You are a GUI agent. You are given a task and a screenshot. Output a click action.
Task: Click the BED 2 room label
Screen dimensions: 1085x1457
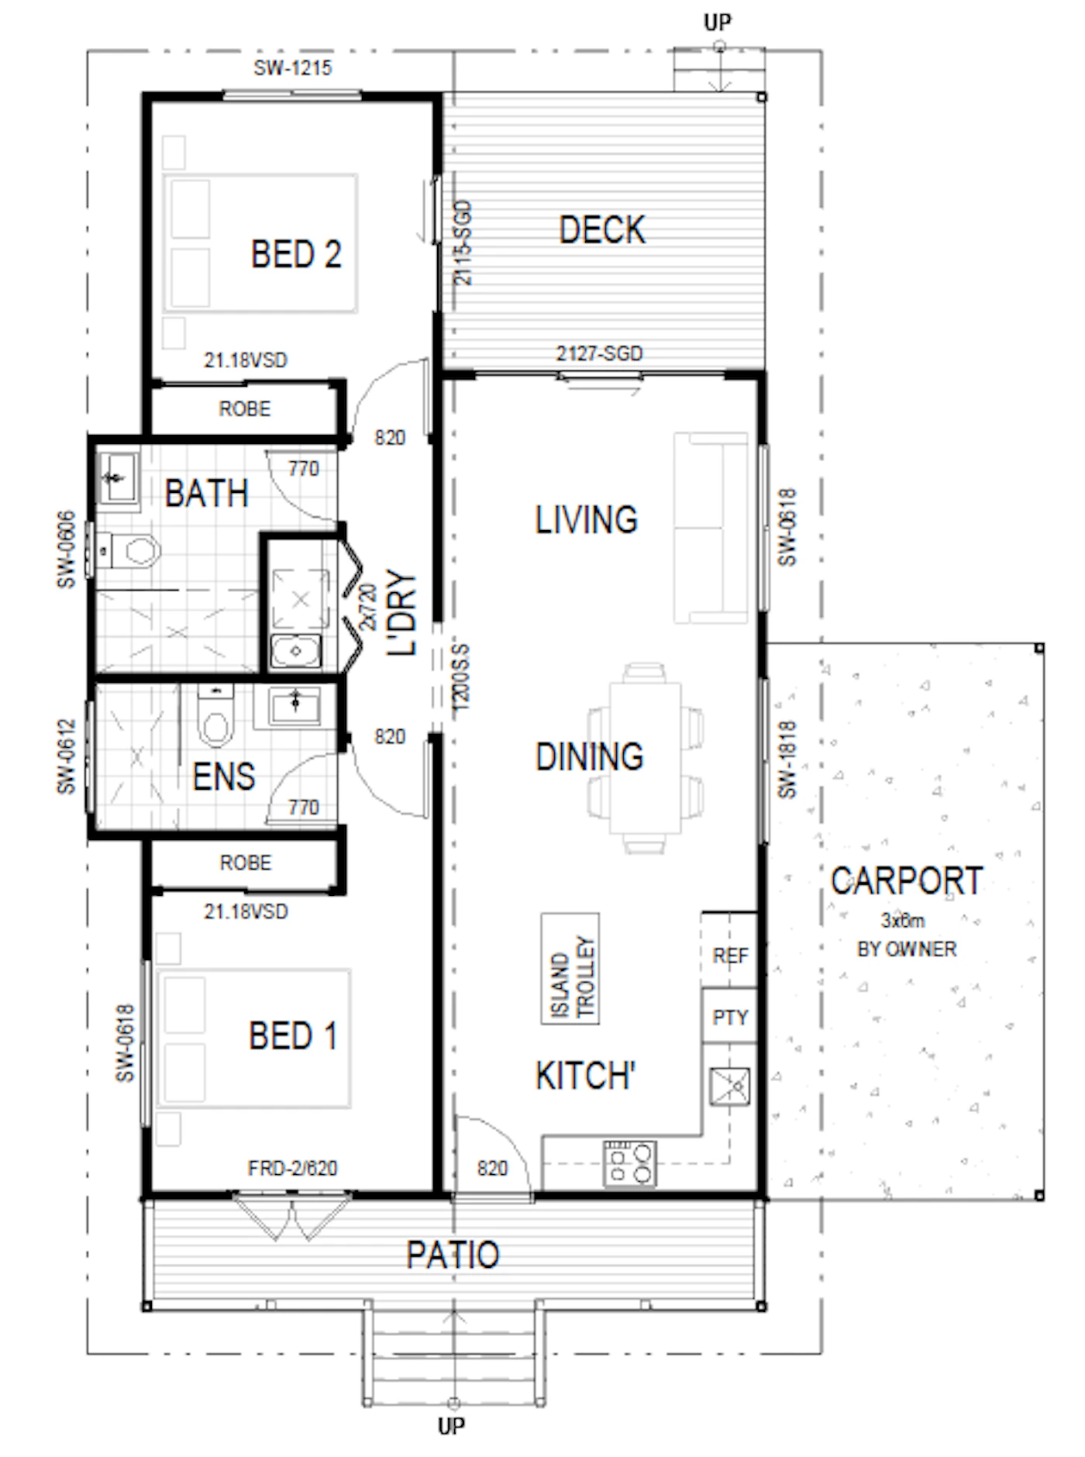coord(296,254)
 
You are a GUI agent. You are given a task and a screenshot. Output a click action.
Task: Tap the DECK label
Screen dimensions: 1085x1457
coord(602,230)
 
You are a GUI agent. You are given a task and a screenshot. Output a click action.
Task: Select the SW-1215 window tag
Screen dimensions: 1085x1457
coord(293,68)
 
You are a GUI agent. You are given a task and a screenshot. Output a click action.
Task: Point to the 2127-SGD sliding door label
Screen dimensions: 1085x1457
coord(599,354)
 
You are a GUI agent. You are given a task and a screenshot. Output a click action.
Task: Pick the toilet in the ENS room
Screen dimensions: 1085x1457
coord(215,716)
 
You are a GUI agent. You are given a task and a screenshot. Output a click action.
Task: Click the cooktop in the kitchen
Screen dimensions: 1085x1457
coord(630,1163)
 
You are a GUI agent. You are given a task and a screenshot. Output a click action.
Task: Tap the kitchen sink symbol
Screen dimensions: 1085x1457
coord(730,1087)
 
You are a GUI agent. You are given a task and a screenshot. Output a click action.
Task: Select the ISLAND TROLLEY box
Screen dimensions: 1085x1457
coord(570,969)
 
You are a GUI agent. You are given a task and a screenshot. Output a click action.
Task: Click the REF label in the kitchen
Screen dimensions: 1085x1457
coord(730,956)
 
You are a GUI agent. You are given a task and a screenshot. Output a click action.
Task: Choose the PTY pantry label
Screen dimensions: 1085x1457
coord(730,1018)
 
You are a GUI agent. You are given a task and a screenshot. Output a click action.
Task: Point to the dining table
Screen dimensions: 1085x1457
coord(646,758)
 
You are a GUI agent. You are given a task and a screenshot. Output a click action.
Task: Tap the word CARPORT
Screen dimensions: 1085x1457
coord(907,881)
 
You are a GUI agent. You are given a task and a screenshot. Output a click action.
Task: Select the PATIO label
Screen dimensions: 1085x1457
coord(453,1255)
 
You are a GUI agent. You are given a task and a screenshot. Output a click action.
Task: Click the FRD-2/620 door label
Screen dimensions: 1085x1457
coord(292,1168)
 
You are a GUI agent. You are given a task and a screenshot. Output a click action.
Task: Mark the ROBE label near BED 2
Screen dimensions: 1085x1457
coord(245,409)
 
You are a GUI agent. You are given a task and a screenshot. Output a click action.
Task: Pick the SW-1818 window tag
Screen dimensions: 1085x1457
coord(787,759)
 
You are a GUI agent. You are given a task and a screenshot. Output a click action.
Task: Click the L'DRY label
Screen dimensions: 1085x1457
coord(402,613)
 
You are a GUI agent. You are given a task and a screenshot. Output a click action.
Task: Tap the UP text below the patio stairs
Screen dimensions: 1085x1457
coord(452,1426)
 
